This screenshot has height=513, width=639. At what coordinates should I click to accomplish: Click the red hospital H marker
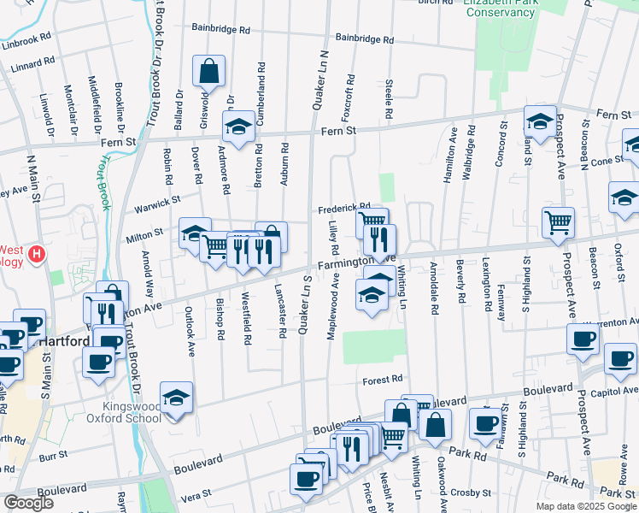[37, 254]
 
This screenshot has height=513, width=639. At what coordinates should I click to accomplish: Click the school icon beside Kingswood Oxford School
[176, 398]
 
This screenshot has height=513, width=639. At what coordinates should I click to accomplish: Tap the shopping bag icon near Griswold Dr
[208, 71]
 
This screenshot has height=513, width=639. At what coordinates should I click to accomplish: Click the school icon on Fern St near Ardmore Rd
[237, 127]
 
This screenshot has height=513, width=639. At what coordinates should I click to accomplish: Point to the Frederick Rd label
[344, 208]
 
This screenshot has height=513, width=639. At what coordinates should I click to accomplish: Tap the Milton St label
[145, 233]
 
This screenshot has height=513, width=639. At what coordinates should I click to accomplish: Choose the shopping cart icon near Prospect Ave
[558, 222]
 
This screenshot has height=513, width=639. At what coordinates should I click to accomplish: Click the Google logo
[27, 503]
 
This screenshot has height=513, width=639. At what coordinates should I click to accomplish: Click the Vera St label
[196, 494]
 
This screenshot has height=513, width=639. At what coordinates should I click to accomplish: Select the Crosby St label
[468, 493]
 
